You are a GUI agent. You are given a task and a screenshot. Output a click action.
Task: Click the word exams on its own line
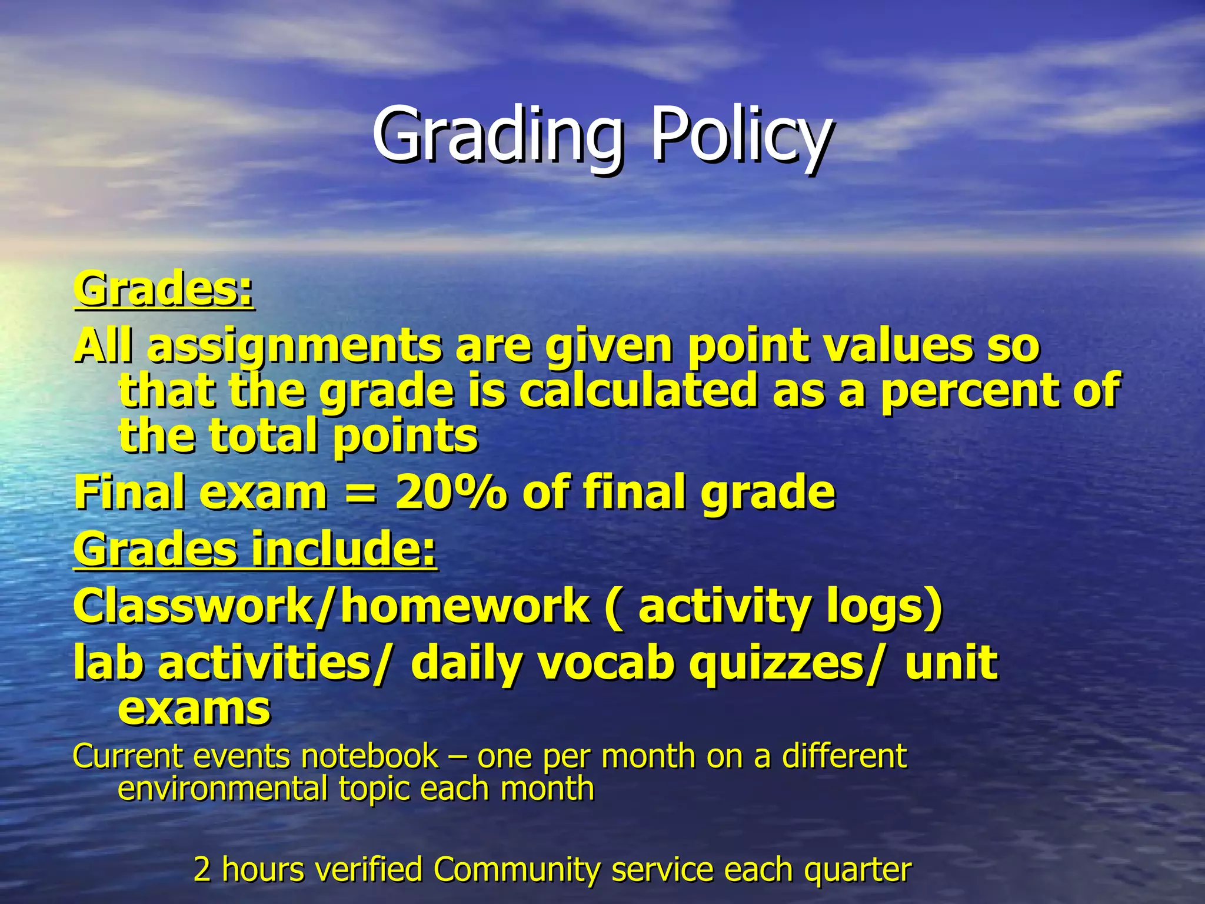click(x=194, y=709)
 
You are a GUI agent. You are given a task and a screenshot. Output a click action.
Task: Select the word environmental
click(x=222, y=789)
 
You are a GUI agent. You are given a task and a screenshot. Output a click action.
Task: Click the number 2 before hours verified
click(x=202, y=869)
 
